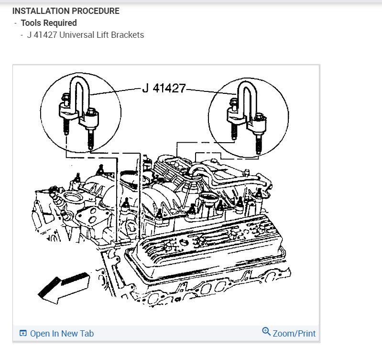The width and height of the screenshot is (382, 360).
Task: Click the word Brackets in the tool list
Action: point(128,34)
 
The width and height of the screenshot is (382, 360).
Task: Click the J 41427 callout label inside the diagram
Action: point(164,89)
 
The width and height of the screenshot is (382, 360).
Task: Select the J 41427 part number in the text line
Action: point(42,34)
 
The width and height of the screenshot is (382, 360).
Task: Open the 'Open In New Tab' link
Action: point(62,334)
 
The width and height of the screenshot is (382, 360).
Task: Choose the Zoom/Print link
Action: point(294,333)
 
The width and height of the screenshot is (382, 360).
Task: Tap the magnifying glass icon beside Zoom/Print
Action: point(266,331)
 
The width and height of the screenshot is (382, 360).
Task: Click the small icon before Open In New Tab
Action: point(22,334)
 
